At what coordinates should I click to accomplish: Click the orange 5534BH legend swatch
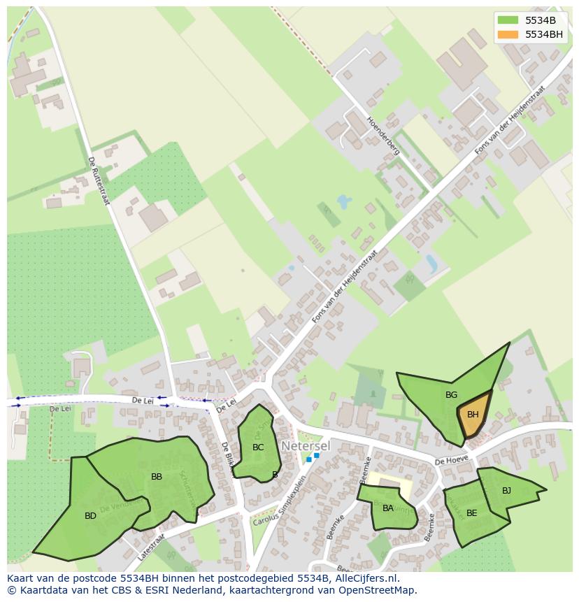point(508,34)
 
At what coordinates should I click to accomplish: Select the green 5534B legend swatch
point(508,20)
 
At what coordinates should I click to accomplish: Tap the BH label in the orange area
point(473,415)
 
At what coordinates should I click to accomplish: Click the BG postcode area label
point(451,395)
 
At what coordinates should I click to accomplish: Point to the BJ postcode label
point(506,490)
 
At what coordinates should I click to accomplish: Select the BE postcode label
point(471,513)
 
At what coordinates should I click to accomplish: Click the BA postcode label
point(387,508)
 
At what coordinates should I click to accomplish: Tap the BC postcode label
point(258,447)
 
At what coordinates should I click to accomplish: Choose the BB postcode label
point(157,477)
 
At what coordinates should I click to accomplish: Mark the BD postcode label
point(90,516)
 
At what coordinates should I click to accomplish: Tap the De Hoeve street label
point(450,461)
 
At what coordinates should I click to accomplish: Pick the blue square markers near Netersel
point(313,457)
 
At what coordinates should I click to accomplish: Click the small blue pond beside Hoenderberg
point(343,203)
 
